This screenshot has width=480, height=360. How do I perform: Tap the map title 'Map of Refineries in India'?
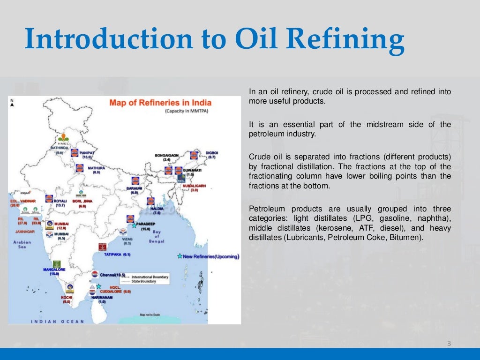160,103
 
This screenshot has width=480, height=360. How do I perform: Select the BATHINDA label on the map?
60,148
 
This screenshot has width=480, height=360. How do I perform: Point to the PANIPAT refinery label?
87,153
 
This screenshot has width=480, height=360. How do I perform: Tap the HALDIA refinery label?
157,208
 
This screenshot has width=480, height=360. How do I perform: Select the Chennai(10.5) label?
113,275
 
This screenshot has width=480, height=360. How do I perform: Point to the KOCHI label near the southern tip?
67,297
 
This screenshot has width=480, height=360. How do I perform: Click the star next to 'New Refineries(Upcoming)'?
180,256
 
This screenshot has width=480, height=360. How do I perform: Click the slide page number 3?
449,344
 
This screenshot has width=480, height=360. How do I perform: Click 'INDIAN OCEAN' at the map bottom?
57,322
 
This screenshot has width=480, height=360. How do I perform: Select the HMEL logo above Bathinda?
63,139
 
